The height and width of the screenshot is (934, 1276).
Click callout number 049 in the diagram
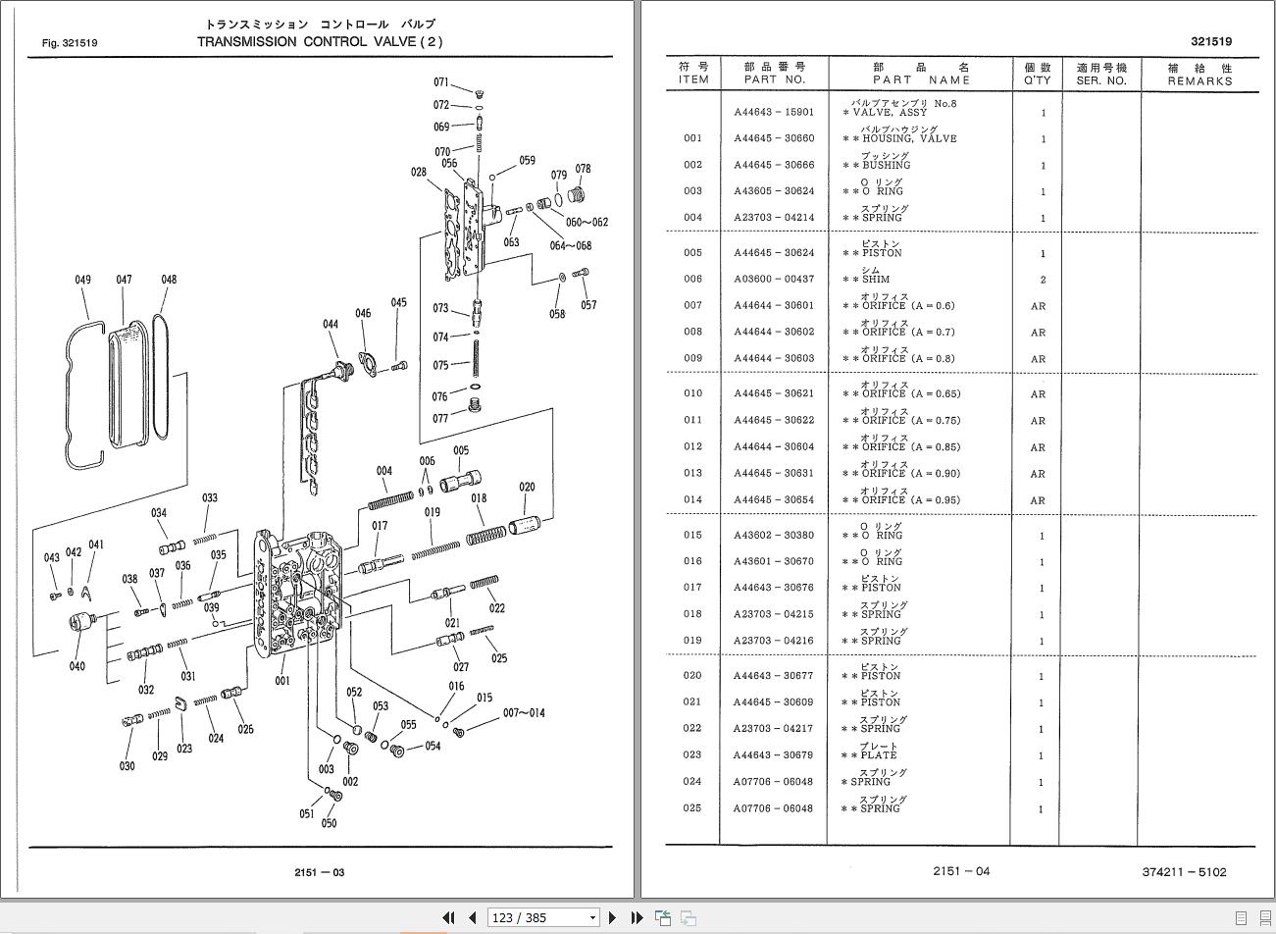tap(82, 280)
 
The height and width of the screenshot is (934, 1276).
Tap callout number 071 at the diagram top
tap(441, 82)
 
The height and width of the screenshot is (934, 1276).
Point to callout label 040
tap(77, 666)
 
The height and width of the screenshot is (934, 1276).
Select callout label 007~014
tap(524, 712)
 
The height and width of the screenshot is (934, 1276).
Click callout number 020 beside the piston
tap(527, 487)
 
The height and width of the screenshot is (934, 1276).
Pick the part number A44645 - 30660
tap(774, 138)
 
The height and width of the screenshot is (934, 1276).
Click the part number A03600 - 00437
tap(774, 280)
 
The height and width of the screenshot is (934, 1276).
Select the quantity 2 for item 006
tap(1043, 280)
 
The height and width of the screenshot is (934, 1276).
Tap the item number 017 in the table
tap(692, 588)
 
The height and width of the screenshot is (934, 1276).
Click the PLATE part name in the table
tap(879, 755)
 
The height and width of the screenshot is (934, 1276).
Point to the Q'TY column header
tap(1037, 74)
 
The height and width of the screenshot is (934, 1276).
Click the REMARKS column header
tap(1199, 74)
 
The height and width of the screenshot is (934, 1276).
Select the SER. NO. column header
tap(1101, 74)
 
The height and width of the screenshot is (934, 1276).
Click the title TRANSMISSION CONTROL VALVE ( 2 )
tap(320, 41)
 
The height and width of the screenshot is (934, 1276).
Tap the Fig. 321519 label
tap(70, 43)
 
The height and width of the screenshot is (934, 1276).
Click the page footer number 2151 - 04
tap(961, 871)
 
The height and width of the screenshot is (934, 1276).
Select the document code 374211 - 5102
tap(1184, 871)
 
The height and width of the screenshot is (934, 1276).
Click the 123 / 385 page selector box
tap(543, 917)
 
